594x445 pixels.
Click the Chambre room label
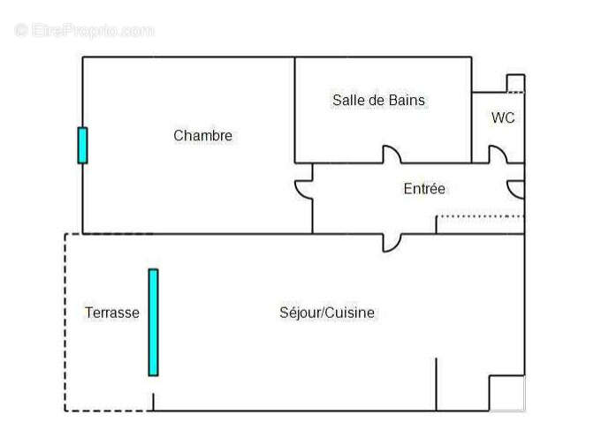[202, 136]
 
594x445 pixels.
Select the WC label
[503, 117]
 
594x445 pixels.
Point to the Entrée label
[424, 189]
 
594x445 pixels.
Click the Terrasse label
[112, 313]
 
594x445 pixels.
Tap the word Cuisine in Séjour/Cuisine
[351, 313]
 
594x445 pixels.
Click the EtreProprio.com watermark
[84, 30]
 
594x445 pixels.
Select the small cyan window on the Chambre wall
[82, 145]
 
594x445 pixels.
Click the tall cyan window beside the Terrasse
[153, 322]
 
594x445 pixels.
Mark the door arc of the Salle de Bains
[392, 155]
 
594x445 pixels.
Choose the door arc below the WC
[499, 155]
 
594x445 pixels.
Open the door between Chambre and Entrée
[304, 189]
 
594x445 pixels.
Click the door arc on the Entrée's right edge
[516, 189]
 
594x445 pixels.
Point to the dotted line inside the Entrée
[480, 216]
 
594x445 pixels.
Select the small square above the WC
[515, 83]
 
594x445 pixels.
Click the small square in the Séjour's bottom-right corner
[506, 393]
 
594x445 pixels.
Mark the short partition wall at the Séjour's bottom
[436, 384]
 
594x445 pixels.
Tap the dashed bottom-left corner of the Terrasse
[65, 410]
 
